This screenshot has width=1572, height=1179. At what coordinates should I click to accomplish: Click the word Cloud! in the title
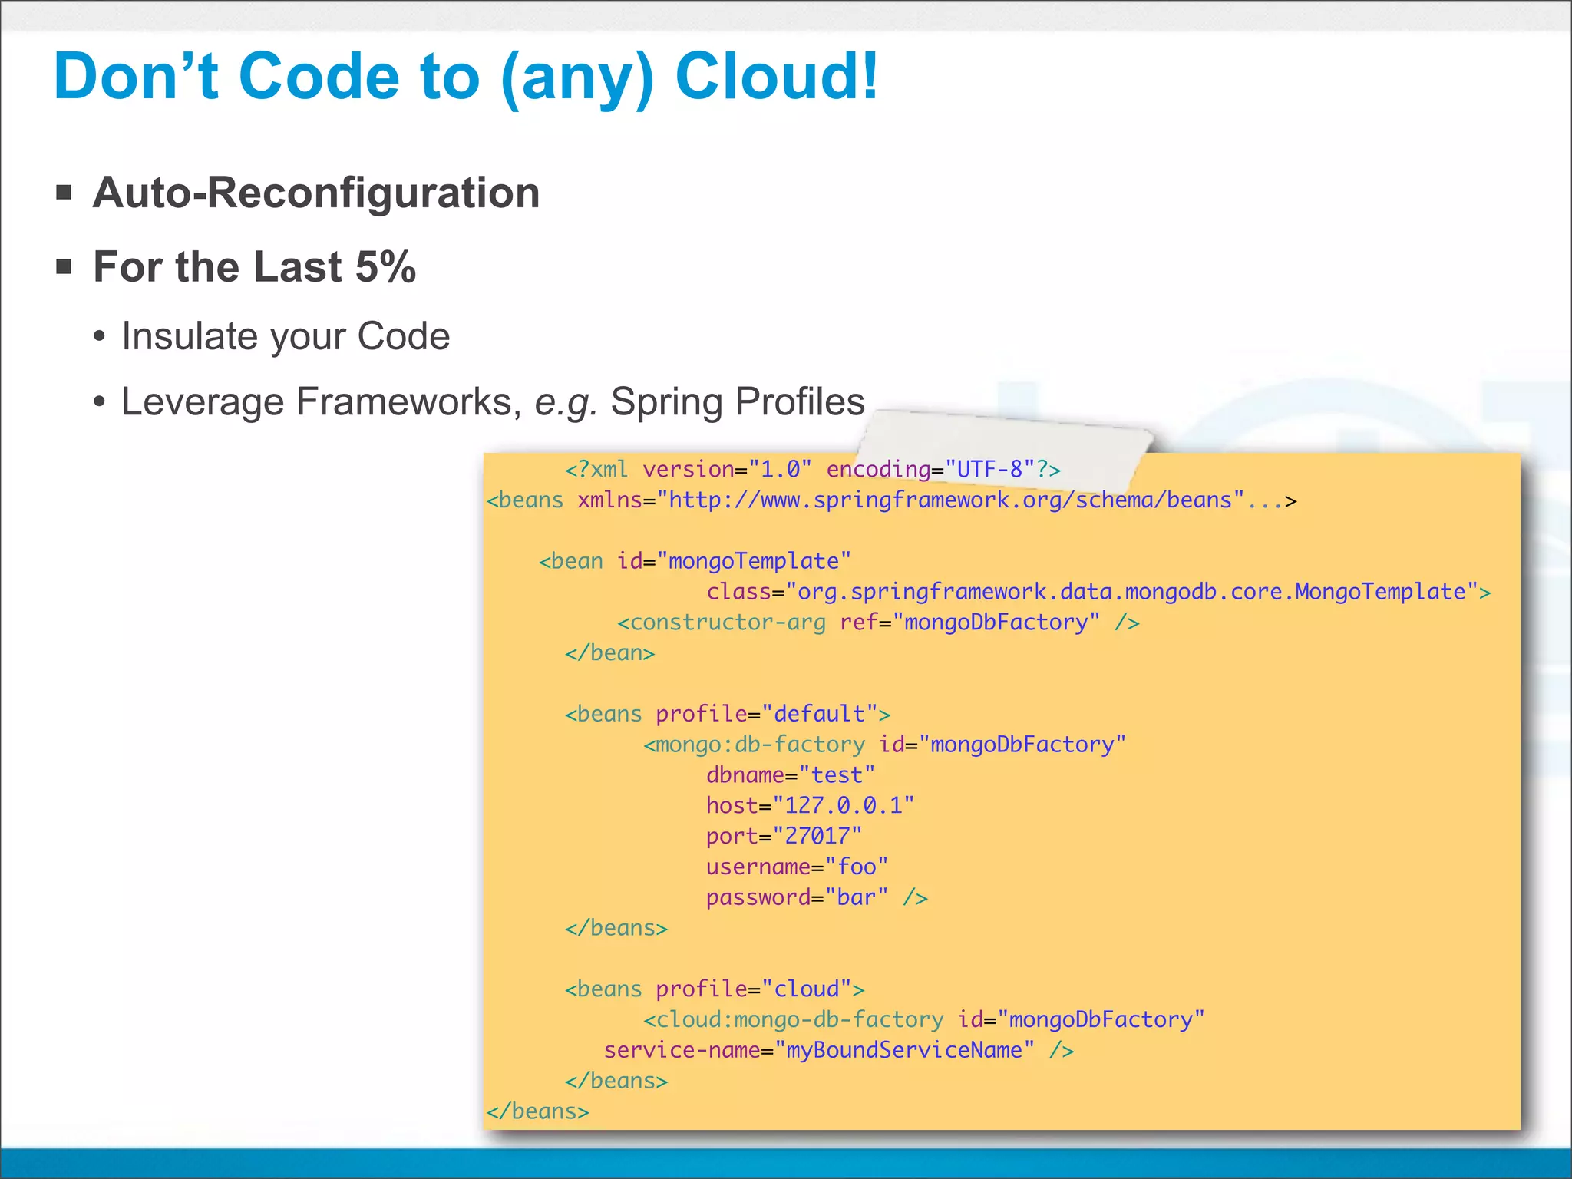776,77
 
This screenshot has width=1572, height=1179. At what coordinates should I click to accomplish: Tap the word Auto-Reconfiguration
316,192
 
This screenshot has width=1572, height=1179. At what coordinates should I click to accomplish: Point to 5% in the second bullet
385,267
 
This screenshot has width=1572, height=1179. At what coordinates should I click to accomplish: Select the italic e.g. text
566,401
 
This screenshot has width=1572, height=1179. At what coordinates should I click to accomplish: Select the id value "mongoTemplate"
755,561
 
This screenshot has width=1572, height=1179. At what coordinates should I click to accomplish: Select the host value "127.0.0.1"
844,806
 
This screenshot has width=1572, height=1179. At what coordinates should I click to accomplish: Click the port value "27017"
817,837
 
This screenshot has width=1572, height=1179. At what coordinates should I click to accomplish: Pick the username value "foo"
857,867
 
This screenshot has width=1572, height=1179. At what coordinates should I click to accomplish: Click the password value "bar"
857,898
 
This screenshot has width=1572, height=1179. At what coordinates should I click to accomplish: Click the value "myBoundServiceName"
904,1050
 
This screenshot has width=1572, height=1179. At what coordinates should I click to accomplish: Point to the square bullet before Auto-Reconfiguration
64,192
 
